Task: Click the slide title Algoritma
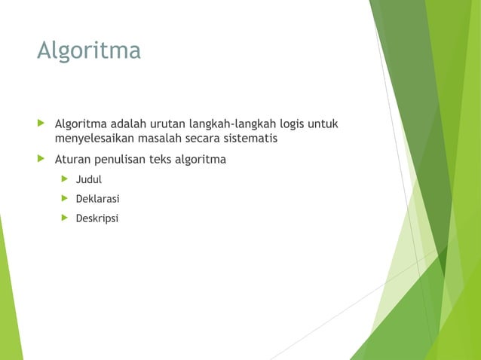pos(89,51)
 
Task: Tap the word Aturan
pos(72,160)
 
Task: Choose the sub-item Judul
pos(88,180)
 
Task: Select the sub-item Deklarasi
pos(97,200)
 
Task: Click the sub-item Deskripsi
pos(97,219)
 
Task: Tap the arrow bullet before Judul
pos(65,179)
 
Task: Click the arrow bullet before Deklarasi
pos(65,199)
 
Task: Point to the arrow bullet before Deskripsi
pos(65,218)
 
